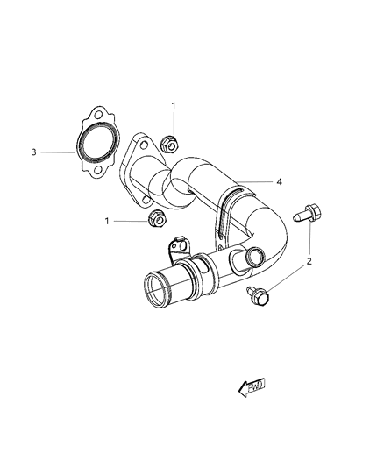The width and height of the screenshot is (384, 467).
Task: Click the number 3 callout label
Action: [x=33, y=152]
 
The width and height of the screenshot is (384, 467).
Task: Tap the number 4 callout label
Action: [x=279, y=182]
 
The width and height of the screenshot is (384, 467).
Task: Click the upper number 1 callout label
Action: [x=173, y=106]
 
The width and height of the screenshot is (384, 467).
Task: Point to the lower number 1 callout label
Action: [x=108, y=221]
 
